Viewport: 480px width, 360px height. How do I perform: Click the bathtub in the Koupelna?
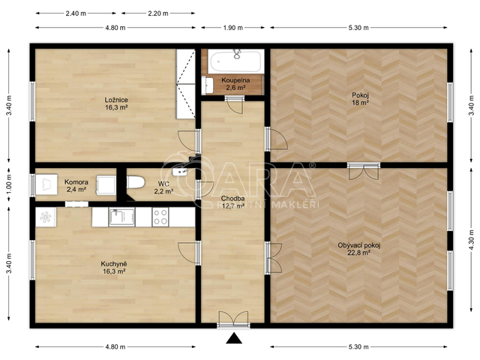[x=235, y=61]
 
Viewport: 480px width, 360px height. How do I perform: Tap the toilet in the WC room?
[x=136, y=182]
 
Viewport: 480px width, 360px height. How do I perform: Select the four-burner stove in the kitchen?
[x=160, y=217]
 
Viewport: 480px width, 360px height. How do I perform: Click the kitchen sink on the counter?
[x=121, y=217]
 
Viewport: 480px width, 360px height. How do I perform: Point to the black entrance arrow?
[x=234, y=338]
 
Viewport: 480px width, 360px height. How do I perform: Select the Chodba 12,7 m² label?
[x=233, y=202]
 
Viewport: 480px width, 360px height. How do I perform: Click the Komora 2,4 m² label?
[x=76, y=186]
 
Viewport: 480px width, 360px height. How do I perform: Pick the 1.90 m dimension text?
[x=233, y=28]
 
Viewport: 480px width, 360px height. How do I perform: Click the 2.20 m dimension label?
[x=158, y=13]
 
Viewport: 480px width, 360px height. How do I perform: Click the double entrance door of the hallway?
[x=233, y=320]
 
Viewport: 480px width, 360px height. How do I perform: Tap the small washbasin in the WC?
[x=180, y=172]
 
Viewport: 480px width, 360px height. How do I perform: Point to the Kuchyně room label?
[x=114, y=268]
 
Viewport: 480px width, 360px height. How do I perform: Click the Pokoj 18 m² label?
[x=360, y=98]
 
